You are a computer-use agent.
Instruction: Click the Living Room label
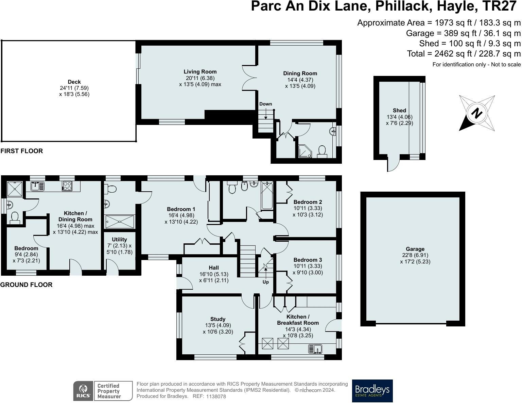coord(200,72)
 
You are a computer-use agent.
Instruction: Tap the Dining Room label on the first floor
coord(300,74)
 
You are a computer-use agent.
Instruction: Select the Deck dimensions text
coord(74,91)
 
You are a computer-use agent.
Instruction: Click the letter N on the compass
coord(476,113)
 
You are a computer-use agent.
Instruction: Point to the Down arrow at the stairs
coord(266,114)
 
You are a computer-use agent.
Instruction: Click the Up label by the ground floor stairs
coord(265,282)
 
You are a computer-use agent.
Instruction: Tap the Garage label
coord(415,249)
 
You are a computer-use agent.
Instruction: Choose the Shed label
coord(399,110)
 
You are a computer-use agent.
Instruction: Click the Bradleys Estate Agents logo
coord(372,391)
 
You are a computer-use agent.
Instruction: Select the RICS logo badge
coord(83,391)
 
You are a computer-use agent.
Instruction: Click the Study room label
coord(218,319)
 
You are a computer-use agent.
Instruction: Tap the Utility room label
coord(119,239)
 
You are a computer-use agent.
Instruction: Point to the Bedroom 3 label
coord(308,260)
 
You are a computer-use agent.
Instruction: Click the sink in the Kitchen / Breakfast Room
coord(315,349)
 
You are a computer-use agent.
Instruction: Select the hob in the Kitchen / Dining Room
coord(67,186)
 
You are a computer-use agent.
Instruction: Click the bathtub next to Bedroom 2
coord(267,195)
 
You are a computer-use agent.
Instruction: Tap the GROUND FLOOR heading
coord(26,285)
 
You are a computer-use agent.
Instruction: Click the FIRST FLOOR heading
coord(22,151)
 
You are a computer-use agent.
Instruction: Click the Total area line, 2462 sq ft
coord(464,54)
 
